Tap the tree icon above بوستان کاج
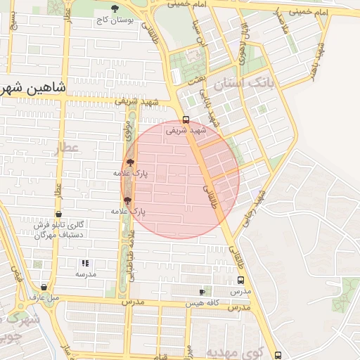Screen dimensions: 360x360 pos(115,9)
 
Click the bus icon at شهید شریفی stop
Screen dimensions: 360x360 pos(186,120)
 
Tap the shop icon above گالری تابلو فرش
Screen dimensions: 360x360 pos(58,214)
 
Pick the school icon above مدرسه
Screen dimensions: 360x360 pos(85,263)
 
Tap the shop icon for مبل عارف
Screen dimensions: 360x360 pos(44,287)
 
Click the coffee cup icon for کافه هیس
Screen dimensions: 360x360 pos(202,291)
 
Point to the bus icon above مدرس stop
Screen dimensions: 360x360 pos(241,279)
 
